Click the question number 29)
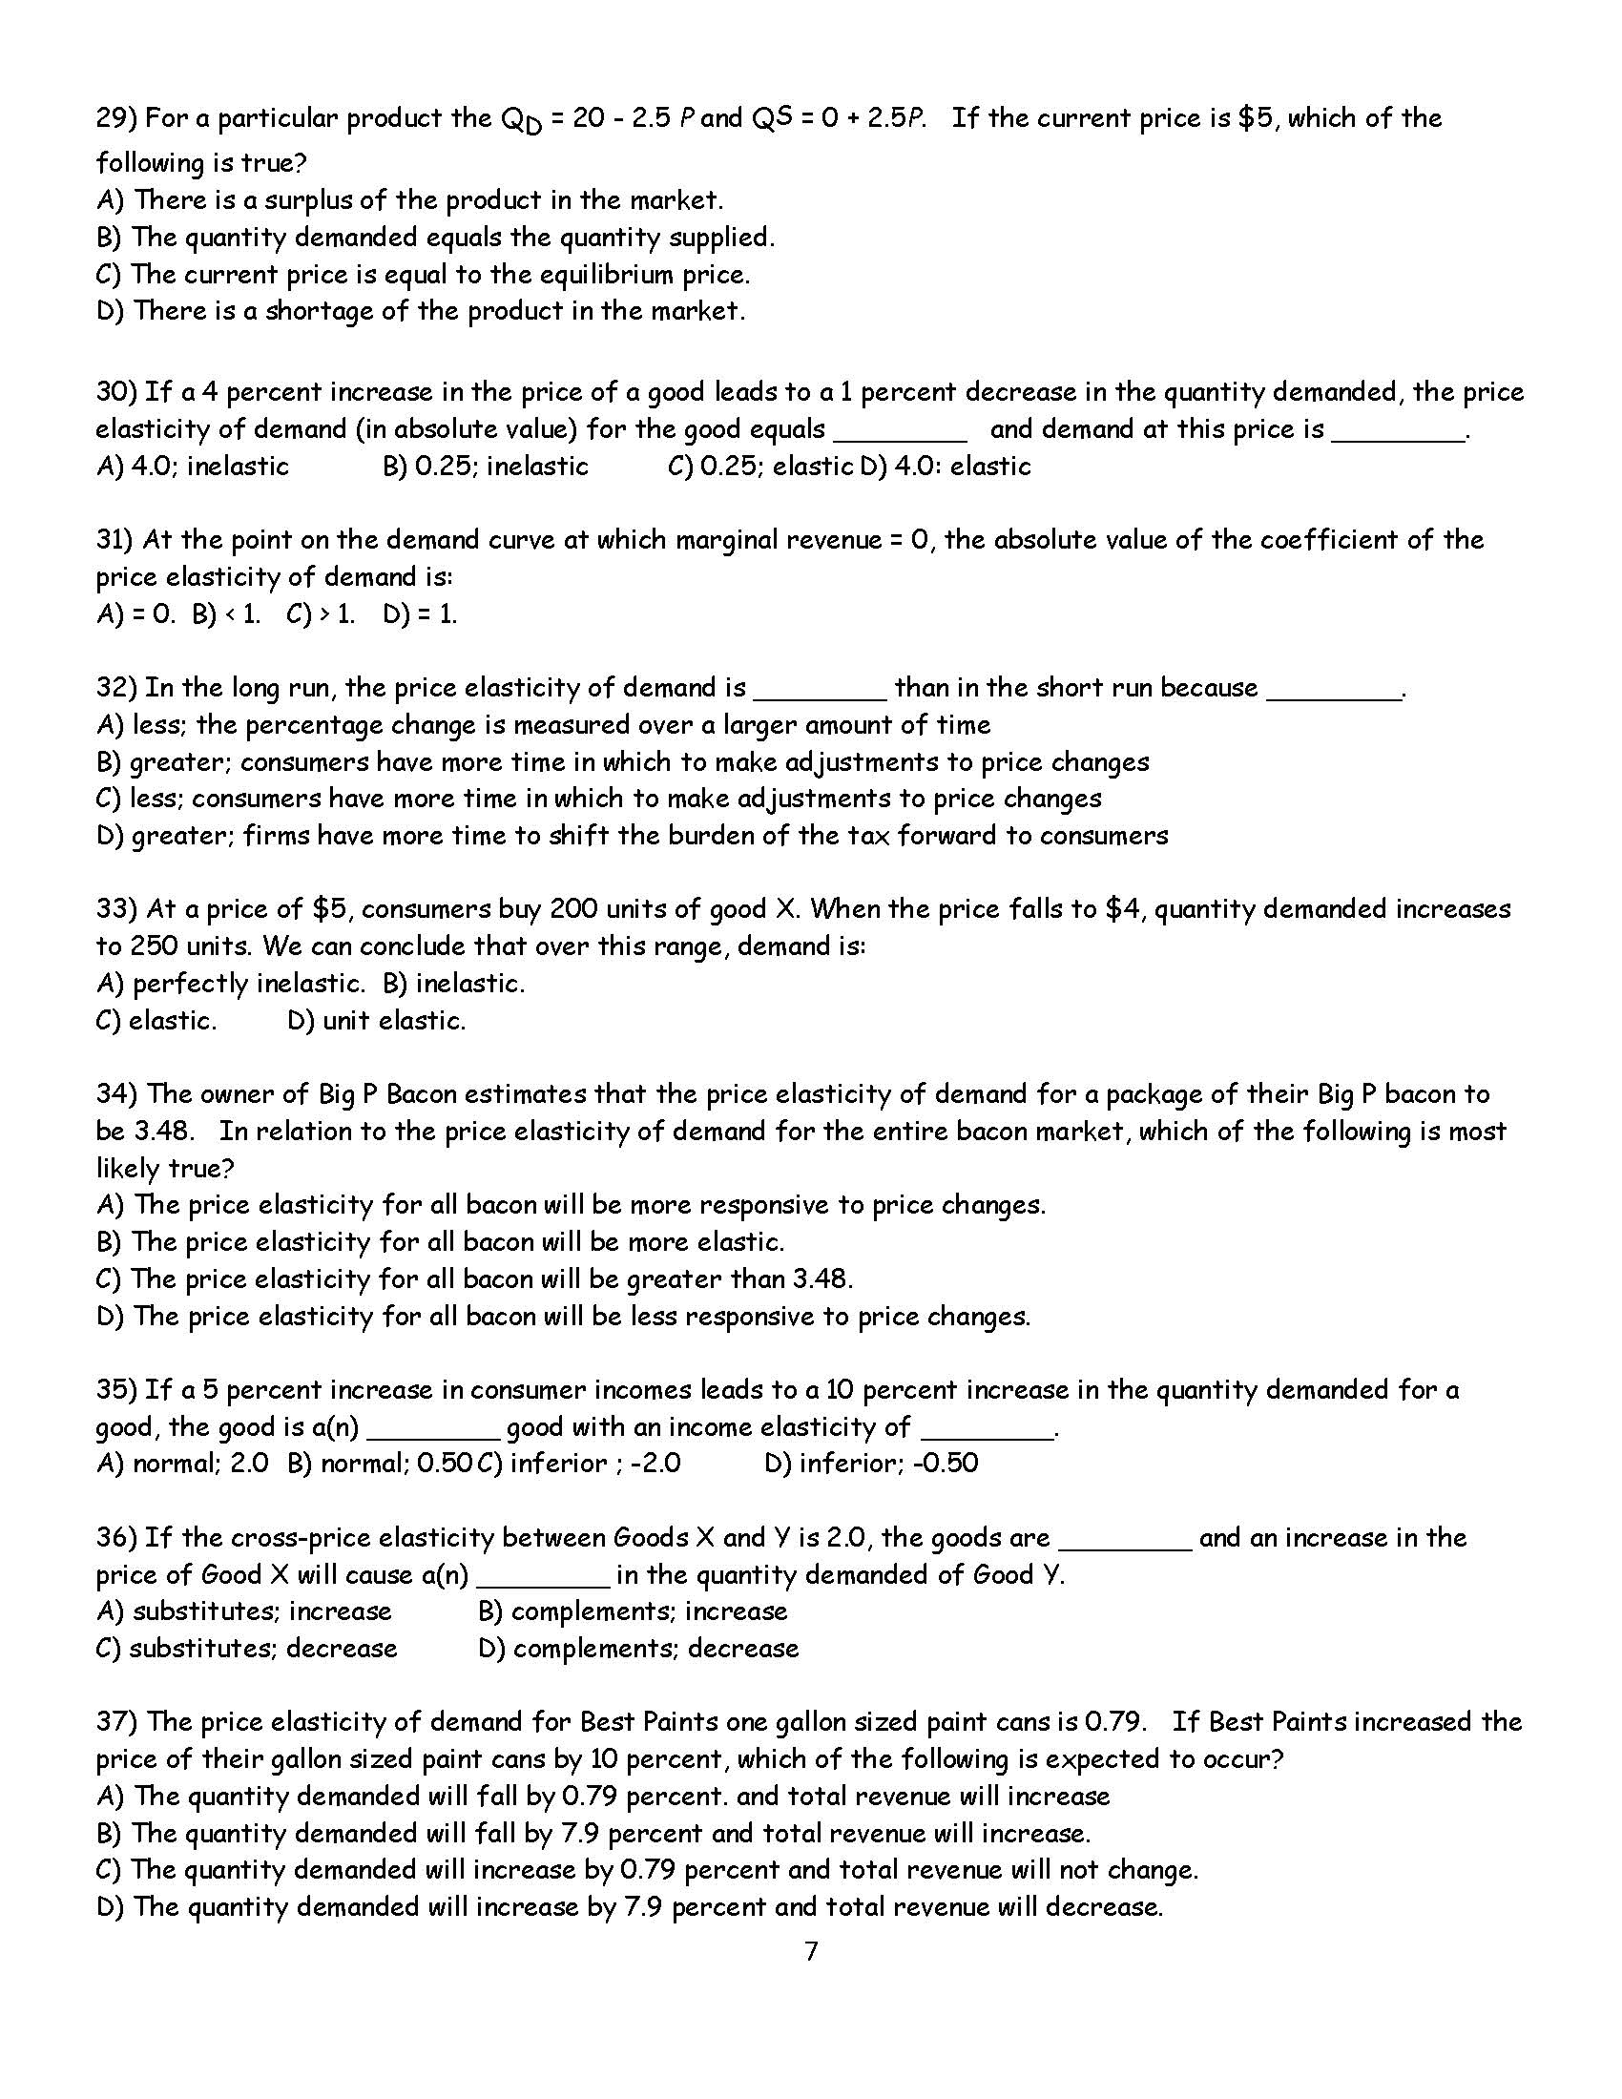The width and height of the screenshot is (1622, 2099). click(117, 119)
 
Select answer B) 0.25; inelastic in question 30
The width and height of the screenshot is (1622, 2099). click(486, 467)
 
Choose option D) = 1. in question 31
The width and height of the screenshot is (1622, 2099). click(420, 614)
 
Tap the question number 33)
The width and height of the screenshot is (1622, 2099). click(117, 909)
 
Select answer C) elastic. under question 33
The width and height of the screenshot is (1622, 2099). click(156, 1021)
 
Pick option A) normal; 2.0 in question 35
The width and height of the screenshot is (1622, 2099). click(182, 1464)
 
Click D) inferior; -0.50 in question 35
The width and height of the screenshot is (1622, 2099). click(870, 1464)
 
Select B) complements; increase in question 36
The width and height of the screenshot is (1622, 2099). click(633, 1611)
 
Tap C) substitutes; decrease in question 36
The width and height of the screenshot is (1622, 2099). click(247, 1649)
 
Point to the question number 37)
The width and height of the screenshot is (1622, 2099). click(117, 1722)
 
